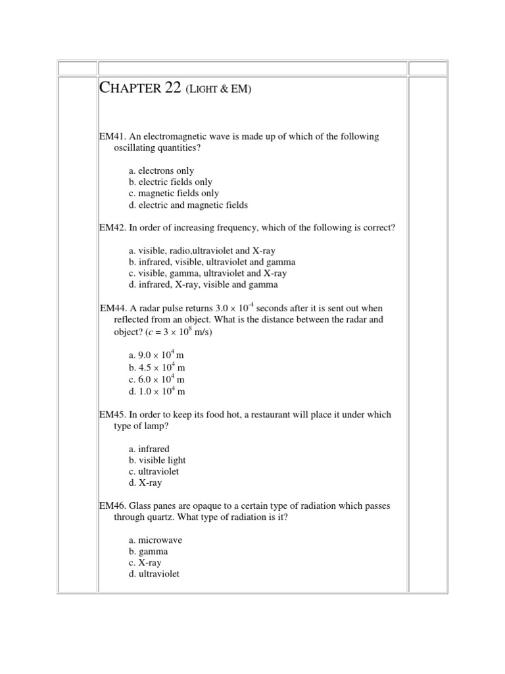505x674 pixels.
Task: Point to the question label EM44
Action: point(113,308)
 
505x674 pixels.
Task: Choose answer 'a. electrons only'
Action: point(162,170)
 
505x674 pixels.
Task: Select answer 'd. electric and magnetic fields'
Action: point(189,205)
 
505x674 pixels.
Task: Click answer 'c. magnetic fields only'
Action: point(174,194)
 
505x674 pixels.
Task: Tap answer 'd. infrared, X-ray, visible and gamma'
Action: point(203,285)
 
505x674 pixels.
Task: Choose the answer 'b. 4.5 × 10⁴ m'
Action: point(157,368)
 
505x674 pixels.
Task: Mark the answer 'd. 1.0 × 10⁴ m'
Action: point(157,392)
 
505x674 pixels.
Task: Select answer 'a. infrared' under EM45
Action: point(149,449)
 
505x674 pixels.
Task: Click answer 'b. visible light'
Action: point(158,460)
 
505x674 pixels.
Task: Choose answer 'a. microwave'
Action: point(156,540)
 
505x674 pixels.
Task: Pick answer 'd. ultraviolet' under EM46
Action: point(155,574)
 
